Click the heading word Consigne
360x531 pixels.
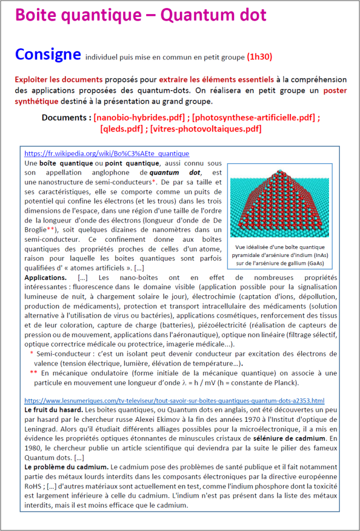[47, 55]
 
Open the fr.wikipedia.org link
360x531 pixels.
[107, 154]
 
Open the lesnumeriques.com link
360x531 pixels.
[175, 400]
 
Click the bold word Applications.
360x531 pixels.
[45, 278]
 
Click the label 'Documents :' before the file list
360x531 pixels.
[66, 117]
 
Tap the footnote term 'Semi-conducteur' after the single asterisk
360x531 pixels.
[60, 354]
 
